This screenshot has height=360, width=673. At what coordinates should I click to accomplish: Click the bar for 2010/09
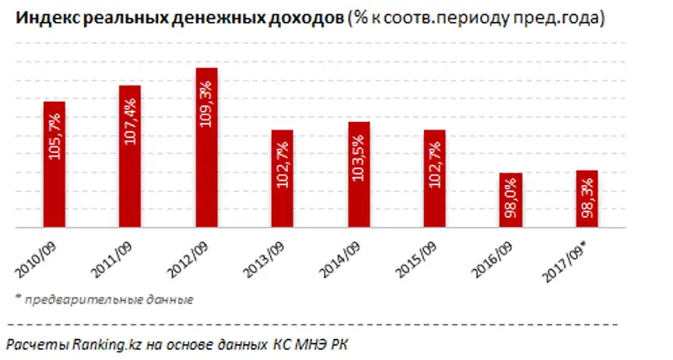click(x=54, y=165)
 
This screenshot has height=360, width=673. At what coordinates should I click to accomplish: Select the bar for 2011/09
click(x=130, y=156)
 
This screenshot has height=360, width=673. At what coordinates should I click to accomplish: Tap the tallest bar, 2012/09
click(x=206, y=148)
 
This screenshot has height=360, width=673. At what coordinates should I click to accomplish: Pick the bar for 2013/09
click(x=282, y=178)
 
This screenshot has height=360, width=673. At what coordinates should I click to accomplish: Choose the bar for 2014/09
click(x=358, y=175)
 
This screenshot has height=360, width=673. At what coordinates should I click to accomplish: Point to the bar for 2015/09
click(x=434, y=178)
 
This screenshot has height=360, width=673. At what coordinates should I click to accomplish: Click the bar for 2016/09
click(x=511, y=200)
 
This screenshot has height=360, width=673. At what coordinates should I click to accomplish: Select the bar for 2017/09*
click(x=586, y=199)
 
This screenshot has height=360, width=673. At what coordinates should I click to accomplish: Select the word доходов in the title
click(x=307, y=19)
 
